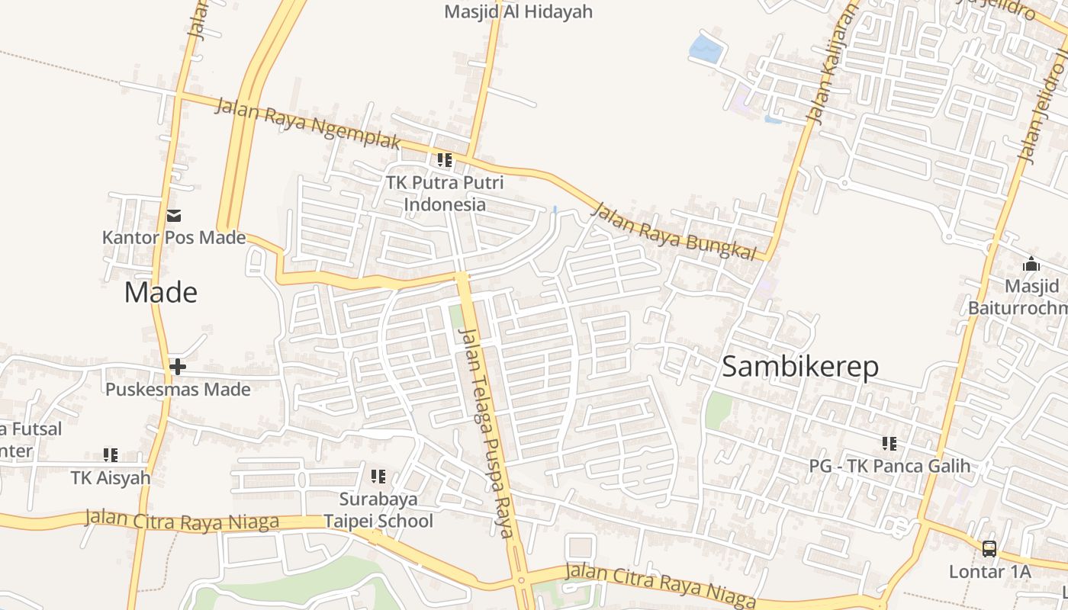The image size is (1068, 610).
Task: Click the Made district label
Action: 161,293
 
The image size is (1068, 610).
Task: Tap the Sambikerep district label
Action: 799,367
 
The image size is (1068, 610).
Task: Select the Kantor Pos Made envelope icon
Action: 174,216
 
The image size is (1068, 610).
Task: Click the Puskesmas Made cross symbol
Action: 178,367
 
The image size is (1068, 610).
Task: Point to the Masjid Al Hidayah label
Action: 518,11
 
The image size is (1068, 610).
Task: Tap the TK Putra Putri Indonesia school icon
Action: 444,160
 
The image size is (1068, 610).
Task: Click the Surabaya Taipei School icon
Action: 378,477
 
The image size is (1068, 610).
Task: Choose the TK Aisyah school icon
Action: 111,455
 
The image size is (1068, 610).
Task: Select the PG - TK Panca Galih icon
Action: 889,443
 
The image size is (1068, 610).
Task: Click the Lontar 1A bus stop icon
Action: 989,548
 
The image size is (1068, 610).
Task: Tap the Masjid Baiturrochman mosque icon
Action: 1031,264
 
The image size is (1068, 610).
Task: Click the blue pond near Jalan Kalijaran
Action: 706,49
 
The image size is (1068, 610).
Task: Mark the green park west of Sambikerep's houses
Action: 718,411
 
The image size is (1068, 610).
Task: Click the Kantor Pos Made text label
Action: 174,237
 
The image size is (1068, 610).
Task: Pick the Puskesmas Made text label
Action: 178,390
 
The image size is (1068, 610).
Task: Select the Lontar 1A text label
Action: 989,571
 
